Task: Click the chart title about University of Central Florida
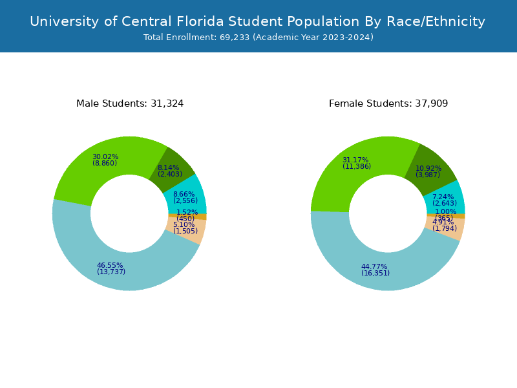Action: (x=258, y=21)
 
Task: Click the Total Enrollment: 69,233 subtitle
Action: (x=258, y=38)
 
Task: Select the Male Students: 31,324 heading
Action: (x=130, y=103)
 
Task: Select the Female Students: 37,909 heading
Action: (x=388, y=103)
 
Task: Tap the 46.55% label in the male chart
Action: (x=111, y=266)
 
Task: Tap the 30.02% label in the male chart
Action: (x=105, y=157)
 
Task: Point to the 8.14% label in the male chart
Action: (x=169, y=168)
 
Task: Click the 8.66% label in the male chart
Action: (x=184, y=195)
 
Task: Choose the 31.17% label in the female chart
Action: (x=355, y=160)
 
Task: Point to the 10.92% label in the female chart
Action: (x=428, y=169)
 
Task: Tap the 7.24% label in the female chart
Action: (x=443, y=197)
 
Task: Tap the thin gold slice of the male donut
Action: (x=200, y=217)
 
